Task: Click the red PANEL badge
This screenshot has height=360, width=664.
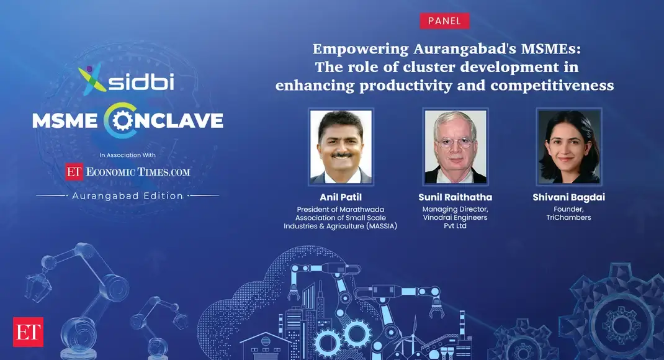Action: coord(444,21)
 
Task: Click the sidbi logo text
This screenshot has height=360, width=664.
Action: coord(141,81)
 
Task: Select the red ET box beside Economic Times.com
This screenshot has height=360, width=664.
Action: coord(74,172)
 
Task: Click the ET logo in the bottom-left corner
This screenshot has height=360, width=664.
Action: coord(27,332)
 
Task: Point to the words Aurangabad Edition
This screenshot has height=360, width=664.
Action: coord(128,196)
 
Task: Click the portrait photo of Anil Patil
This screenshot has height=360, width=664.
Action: coord(341,147)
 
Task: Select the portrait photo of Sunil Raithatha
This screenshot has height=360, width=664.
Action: coord(455,147)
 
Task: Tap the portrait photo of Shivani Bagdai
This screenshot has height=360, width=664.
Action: coord(569,147)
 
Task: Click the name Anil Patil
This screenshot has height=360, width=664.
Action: coord(340,197)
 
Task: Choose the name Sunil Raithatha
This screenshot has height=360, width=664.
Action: coord(455,197)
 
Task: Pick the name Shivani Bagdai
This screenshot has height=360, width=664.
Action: coord(569,197)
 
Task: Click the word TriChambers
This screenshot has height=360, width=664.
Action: coord(569,218)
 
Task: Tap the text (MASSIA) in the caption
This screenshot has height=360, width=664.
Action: coord(377,226)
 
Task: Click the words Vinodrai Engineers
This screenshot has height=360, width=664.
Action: coord(455,218)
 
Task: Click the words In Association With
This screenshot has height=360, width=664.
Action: coord(127,155)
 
